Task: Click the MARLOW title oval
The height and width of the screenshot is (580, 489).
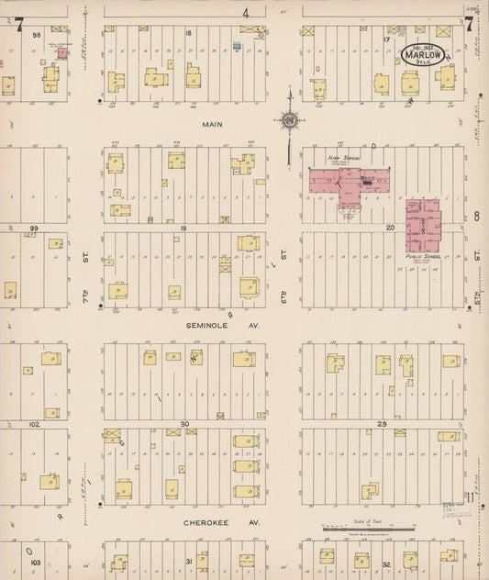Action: click(422, 53)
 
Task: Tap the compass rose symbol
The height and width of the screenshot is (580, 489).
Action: click(289, 119)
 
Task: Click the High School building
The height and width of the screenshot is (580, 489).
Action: click(349, 180)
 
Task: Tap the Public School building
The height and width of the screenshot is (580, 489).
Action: click(424, 224)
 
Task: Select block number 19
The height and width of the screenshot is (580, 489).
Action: click(183, 227)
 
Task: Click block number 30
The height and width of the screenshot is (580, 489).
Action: click(183, 424)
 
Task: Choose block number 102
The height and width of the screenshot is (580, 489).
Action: click(35, 425)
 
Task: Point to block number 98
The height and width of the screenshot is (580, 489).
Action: click(37, 34)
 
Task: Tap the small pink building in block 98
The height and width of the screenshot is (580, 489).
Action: click(61, 53)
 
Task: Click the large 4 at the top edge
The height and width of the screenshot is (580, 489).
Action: click(245, 13)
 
